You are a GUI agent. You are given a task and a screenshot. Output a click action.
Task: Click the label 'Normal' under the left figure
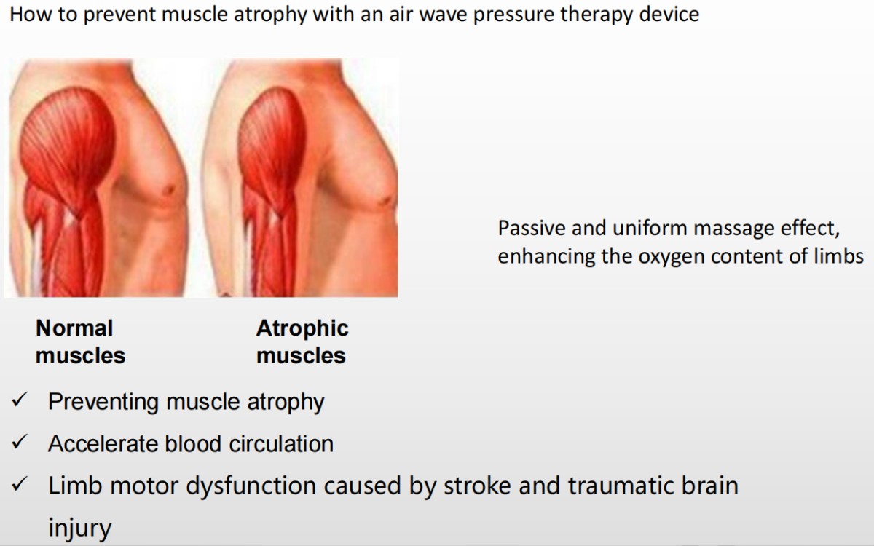[74, 328]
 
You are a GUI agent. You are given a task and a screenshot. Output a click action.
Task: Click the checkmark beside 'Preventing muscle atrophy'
[20, 400]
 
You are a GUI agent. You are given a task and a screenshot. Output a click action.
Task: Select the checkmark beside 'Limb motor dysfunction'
[20, 483]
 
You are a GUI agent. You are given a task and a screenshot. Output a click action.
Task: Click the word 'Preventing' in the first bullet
[103, 402]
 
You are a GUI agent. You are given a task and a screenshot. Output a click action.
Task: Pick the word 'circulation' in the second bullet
[281, 444]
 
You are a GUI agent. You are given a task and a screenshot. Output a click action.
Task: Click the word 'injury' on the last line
[79, 529]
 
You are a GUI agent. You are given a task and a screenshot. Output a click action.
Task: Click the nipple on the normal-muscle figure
[168, 190]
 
